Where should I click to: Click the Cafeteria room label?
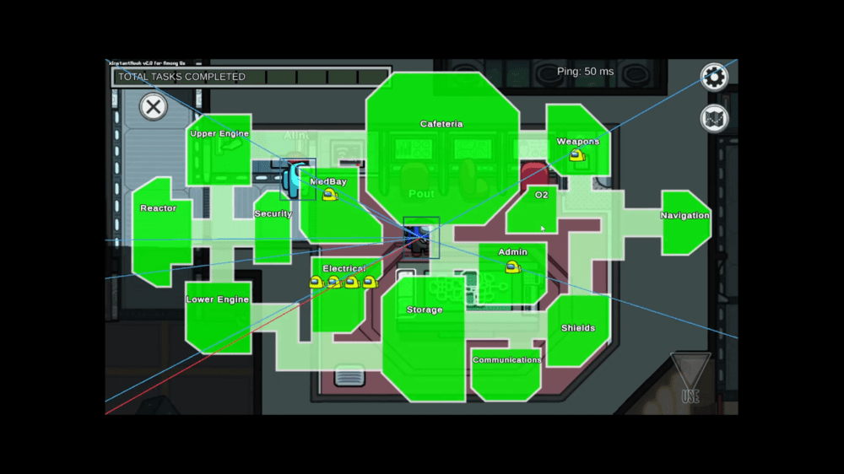coord(441,124)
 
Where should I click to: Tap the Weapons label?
coord(578,142)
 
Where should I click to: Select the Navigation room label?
coord(684,216)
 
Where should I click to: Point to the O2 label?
coord(541,195)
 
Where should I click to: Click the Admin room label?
coord(512,251)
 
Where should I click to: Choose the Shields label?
coord(578,328)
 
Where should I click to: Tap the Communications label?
coord(506,360)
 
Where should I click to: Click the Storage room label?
coord(425,310)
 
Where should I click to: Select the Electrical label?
coord(344,269)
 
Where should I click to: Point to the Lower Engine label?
coord(218,299)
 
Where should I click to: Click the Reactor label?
coord(159,208)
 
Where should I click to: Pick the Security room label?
coord(273,214)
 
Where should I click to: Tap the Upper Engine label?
coord(219,133)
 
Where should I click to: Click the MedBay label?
coord(328,181)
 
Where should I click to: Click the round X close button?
coord(153,107)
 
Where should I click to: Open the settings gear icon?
coord(715,78)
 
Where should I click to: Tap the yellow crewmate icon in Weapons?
coord(576,155)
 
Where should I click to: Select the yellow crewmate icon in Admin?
coord(511,267)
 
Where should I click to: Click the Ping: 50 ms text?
coord(585,72)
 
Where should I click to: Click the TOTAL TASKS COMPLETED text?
coord(181,77)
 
